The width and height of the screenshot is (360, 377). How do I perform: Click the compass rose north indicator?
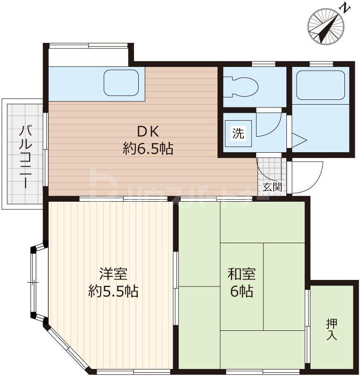pyautogui.click(x=327, y=27)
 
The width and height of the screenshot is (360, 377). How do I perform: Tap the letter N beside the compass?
pyautogui.click(x=344, y=9)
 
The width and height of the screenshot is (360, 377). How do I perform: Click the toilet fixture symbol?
pyautogui.click(x=241, y=87)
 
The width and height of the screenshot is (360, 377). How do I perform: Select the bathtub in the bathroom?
pyautogui.click(x=320, y=85)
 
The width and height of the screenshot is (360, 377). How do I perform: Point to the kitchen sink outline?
pyautogui.click(x=121, y=83)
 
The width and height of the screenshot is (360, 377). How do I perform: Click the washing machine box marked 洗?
pyautogui.click(x=238, y=133)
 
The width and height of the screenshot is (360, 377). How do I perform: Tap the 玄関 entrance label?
pyautogui.click(x=272, y=187)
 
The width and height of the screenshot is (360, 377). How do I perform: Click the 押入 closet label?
pyautogui.click(x=332, y=329)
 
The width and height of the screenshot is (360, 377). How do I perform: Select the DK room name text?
pyautogui.click(x=148, y=132)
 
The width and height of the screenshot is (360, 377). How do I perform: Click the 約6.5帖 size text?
pyautogui.click(x=148, y=148)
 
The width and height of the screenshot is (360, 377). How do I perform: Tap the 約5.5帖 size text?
pyautogui.click(x=113, y=291)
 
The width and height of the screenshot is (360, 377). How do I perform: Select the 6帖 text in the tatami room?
pyautogui.click(x=242, y=291)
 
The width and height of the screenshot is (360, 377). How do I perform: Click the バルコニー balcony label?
pyautogui.click(x=26, y=157)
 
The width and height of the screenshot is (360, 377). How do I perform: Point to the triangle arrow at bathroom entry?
pyautogui.click(x=299, y=140)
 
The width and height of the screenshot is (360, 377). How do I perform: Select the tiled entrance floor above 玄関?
pyautogui.click(x=270, y=170)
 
